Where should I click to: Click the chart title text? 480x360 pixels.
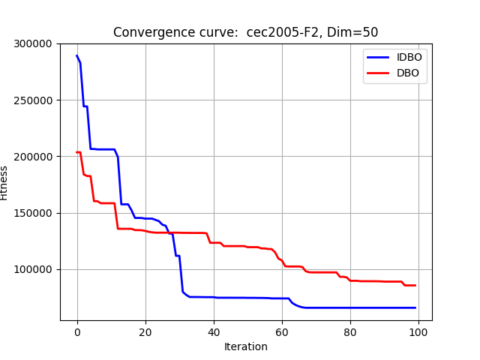tap(245, 32)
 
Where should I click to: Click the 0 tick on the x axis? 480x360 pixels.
tap(77, 331)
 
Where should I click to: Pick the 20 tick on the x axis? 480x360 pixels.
tap(145, 331)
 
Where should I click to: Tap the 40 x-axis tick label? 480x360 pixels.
tap(214, 331)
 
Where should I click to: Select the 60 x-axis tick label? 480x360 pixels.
tap(282, 331)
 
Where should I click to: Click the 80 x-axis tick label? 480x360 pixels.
tap(350, 331)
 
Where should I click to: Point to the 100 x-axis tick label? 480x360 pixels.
tap(418, 331)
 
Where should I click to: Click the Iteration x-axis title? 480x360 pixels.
tap(246, 346)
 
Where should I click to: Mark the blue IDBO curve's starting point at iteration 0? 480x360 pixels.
tap(77, 55)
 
